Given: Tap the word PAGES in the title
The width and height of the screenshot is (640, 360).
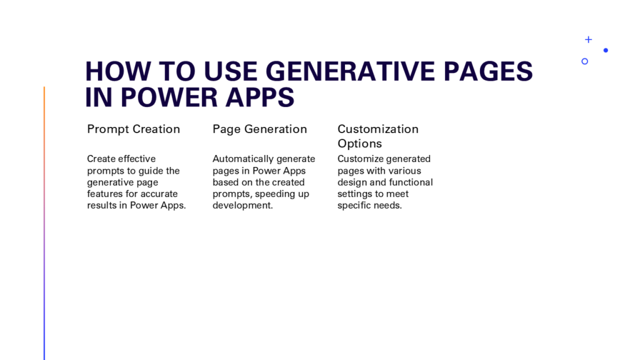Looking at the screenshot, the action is click(x=488, y=71).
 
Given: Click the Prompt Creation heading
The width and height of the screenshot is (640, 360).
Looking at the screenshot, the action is click(x=134, y=129).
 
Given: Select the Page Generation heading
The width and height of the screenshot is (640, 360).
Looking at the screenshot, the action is click(x=259, y=129).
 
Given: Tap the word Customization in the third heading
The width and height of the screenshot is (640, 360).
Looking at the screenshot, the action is click(x=378, y=129).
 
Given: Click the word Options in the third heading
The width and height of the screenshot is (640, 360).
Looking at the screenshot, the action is click(x=359, y=144).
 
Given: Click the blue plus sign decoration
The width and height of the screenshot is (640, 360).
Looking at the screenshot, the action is click(x=588, y=39).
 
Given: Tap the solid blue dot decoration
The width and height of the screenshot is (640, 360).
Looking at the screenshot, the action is click(x=606, y=50).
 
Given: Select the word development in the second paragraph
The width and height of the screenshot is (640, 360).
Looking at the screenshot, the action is click(x=242, y=205).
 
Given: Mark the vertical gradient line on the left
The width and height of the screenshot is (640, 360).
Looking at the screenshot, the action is click(x=44, y=223).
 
